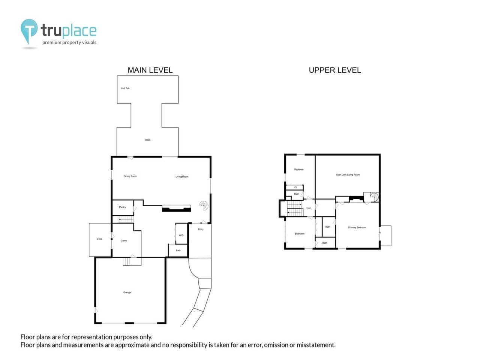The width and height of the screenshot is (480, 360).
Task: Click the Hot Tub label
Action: click(125, 88)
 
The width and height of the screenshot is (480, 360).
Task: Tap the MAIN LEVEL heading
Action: click(150, 70)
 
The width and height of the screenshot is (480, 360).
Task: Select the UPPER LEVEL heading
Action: click(334, 70)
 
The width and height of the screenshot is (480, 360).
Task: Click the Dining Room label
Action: click(130, 176)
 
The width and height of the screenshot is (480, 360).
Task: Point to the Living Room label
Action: click(182, 177)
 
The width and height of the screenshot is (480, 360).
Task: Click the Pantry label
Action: click(122, 207)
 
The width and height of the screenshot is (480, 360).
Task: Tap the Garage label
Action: click(127, 292)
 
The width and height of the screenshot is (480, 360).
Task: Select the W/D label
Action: click(181, 235)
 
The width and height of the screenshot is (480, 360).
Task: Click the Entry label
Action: click(201, 229)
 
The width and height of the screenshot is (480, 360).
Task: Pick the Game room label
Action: click(124, 241)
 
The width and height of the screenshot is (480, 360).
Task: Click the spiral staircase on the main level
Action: click(204, 205)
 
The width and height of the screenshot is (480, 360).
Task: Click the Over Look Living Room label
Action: click(348, 175)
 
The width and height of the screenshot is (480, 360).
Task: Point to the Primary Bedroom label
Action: click(357, 228)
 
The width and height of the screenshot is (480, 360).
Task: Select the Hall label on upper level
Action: click(308, 208)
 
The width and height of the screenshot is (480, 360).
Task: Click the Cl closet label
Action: click(295, 187)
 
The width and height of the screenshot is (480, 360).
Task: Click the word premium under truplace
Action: click(51, 43)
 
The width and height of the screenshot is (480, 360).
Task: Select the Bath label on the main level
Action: click(178, 250)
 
